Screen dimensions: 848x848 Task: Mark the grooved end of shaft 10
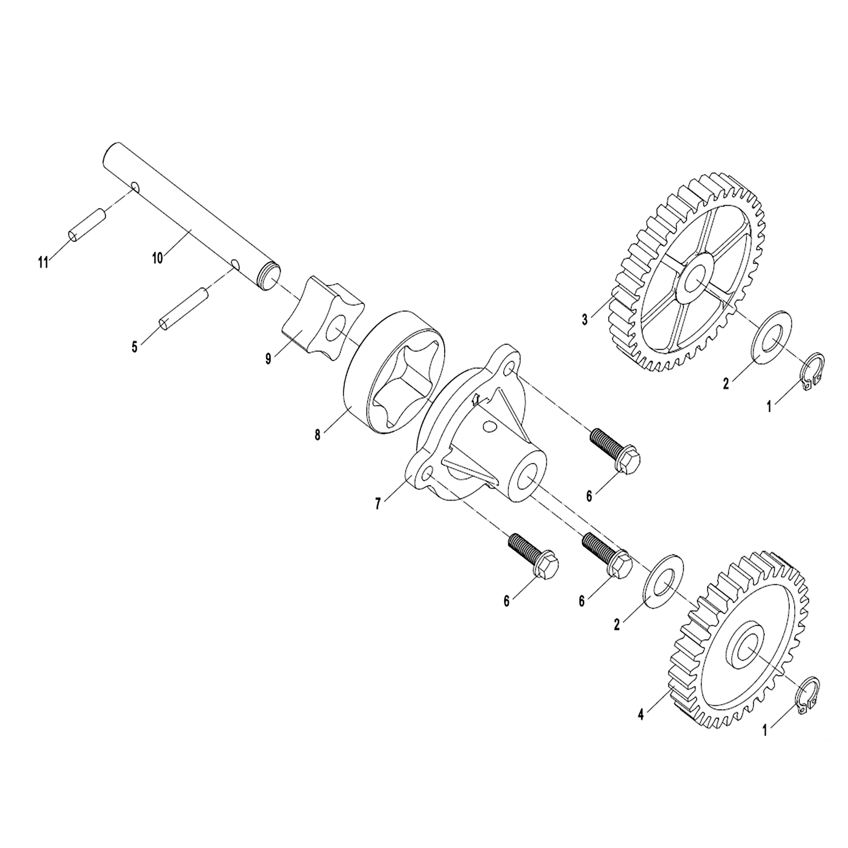coord(269,277)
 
